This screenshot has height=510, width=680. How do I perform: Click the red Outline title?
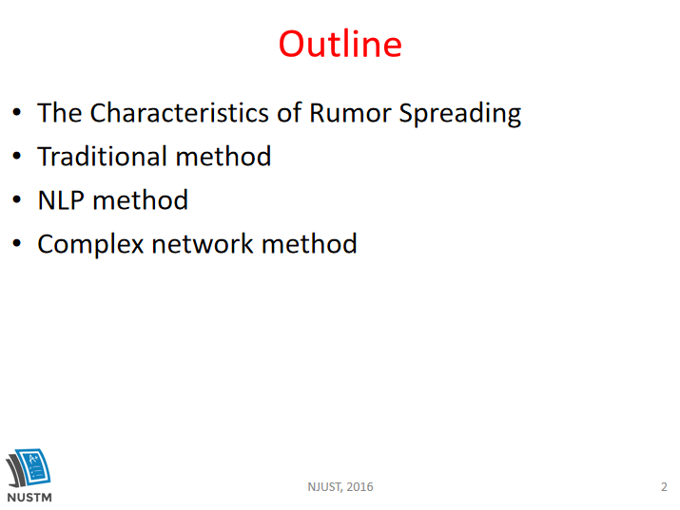[x=340, y=44]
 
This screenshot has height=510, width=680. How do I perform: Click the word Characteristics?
[x=180, y=113]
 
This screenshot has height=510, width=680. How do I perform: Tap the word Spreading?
[x=460, y=114]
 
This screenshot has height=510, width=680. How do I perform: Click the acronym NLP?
[x=61, y=200]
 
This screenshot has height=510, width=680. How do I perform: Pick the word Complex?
[x=90, y=245]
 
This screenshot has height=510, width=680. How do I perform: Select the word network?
[x=202, y=244]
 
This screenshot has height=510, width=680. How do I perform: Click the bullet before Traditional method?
[x=17, y=156]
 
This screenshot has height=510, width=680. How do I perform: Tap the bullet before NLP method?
[x=17, y=199]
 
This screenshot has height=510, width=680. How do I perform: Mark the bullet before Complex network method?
[x=17, y=243]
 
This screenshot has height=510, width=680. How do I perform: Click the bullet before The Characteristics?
[x=17, y=112]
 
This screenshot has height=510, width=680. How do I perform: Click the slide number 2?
[x=664, y=487]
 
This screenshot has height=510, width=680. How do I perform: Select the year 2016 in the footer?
[x=359, y=487]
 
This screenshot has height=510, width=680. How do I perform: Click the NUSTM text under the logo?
[x=29, y=498]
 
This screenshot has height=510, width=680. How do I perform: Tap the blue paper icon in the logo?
[x=34, y=467]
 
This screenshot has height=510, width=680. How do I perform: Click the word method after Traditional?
[x=223, y=157]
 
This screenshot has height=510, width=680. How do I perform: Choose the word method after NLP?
[x=140, y=200]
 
